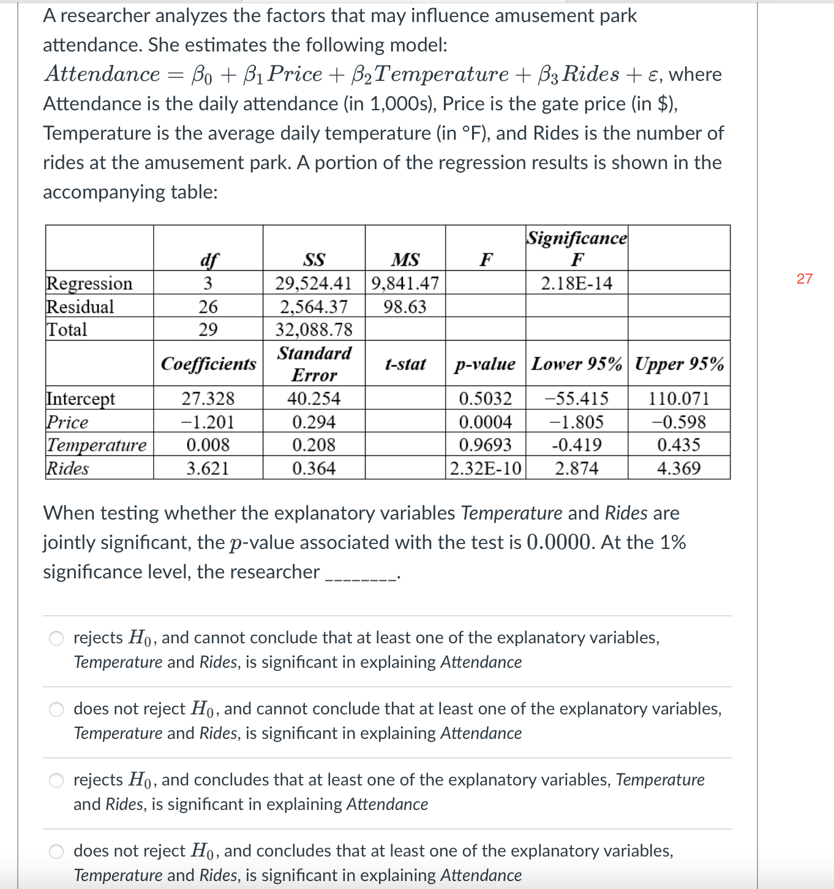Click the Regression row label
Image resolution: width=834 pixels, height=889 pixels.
[89, 283]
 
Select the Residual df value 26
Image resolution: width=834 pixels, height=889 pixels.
[208, 306]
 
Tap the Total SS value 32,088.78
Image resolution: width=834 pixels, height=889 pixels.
[314, 330]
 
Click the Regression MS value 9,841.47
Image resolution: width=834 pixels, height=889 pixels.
[405, 283]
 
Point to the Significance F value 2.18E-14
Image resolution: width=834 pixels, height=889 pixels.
[576, 283]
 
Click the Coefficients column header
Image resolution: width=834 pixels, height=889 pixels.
[208, 364]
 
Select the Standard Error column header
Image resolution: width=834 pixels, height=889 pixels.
[314, 364]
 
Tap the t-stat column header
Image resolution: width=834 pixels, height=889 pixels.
[405, 364]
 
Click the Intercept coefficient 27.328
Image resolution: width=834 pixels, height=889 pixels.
[208, 399]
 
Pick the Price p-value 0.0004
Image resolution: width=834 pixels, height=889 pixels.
[485, 422]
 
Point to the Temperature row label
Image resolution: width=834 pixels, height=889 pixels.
[97, 445]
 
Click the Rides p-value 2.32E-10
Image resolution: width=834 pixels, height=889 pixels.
[486, 469]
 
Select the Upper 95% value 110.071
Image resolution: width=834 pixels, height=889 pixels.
[678, 399]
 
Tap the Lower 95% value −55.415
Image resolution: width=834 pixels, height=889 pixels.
[576, 399]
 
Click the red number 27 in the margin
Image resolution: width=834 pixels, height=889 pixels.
[804, 279]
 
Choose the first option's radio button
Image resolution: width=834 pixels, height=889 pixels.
[56, 638]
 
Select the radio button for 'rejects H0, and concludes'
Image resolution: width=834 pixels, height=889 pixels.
[56, 781]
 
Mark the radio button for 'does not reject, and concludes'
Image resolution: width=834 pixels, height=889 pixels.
[56, 852]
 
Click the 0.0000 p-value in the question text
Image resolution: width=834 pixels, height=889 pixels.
[559, 542]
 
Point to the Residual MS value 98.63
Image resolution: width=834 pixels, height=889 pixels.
[405, 306]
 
